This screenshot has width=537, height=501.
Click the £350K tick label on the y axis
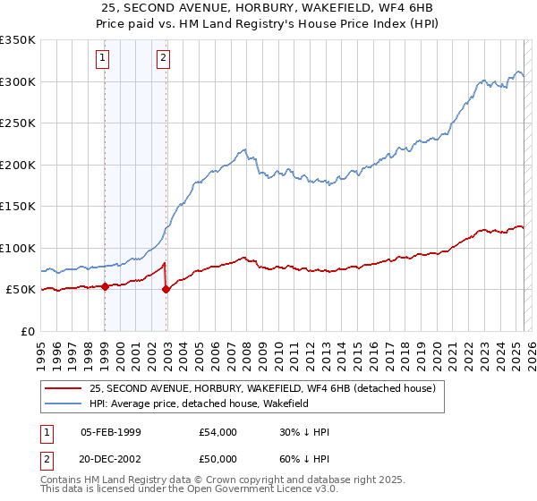pyautogui.click(x=18, y=40)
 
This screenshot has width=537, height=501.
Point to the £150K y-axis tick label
pyautogui.click(x=18, y=206)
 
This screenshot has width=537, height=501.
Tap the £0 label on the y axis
pyautogui.click(x=28, y=331)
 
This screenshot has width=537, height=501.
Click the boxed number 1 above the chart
pyautogui.click(x=104, y=59)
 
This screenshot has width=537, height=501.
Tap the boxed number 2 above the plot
pyautogui.click(x=164, y=59)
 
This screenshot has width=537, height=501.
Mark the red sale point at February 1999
pyautogui.click(x=105, y=286)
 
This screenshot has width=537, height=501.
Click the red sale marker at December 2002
pyautogui.click(x=166, y=289)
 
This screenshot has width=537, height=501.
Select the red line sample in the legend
pyautogui.click(x=63, y=388)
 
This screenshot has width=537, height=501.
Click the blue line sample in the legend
pyautogui.click(x=63, y=403)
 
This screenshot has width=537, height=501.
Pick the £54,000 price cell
pyautogui.click(x=218, y=432)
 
